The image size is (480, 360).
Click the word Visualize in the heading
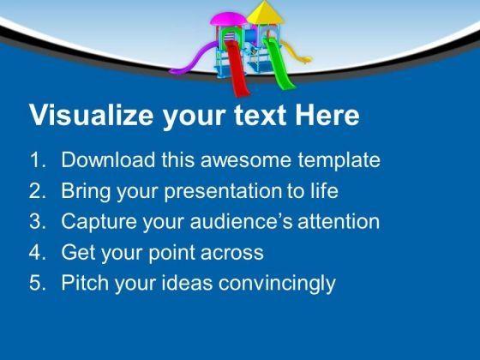[91, 116]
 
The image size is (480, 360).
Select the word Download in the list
[108, 159]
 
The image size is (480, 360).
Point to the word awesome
[245, 160]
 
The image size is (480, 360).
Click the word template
[339, 160]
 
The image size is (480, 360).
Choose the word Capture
[99, 222]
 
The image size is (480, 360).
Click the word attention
[339, 221]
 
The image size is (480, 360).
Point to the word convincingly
[277, 284]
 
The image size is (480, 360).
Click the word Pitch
[85, 282]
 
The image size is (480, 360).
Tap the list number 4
[38, 252]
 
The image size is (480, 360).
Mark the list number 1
[38, 159]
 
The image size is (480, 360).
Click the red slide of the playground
[237, 68]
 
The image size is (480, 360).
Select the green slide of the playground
[279, 63]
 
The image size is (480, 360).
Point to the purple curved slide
[194, 59]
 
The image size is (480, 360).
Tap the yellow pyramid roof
[265, 13]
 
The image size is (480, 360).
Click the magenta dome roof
[228, 19]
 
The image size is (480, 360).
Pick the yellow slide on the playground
[297, 52]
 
